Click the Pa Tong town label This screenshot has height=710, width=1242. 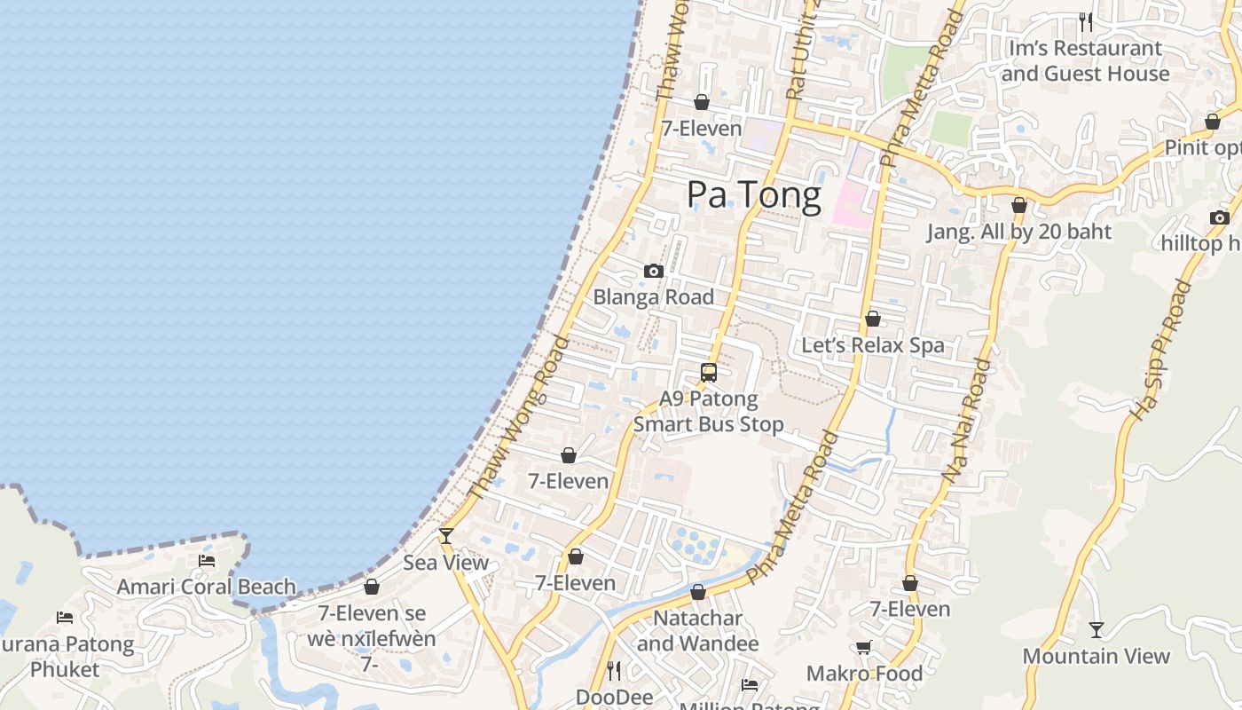(754, 195)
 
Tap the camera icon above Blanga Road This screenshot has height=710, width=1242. (654, 271)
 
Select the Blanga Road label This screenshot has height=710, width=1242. (654, 297)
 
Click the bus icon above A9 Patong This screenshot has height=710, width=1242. (708, 372)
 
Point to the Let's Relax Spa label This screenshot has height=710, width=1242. (873, 345)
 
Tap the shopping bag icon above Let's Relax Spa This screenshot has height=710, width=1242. (873, 318)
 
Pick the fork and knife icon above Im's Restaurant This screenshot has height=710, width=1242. (1085, 20)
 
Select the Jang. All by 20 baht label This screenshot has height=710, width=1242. (1018, 232)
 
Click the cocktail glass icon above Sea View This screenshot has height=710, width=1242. (446, 535)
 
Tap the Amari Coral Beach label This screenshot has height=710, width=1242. (207, 587)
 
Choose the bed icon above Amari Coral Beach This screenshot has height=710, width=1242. (207, 560)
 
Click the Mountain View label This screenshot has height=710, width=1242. (1097, 657)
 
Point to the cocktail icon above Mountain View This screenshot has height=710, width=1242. (1097, 629)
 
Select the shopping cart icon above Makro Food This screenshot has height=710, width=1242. (864, 647)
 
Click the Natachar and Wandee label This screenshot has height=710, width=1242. (698, 630)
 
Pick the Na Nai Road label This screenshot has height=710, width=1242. (966, 421)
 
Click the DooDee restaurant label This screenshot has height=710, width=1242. (614, 697)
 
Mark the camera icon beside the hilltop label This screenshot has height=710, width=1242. (1219, 217)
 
